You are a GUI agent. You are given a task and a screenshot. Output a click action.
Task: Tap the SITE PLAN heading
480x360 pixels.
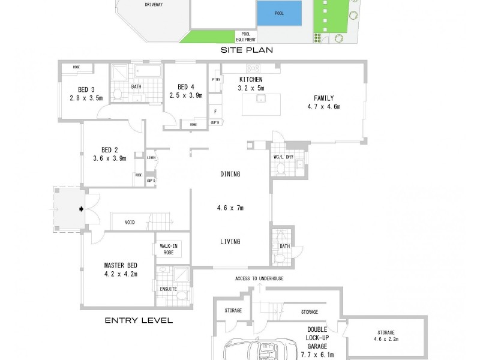click(247, 50)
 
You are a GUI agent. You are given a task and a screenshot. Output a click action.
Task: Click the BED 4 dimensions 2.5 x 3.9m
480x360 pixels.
click(186, 95)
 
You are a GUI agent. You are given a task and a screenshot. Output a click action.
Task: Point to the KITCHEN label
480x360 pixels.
click(251, 80)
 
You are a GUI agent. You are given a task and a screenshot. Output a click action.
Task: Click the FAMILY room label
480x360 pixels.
click(323, 98)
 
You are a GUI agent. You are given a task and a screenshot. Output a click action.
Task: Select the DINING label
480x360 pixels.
click(230, 175)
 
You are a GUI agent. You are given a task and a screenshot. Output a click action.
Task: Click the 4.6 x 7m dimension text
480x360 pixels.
click(230, 208)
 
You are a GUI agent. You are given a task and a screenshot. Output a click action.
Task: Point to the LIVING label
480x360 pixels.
click(230, 242)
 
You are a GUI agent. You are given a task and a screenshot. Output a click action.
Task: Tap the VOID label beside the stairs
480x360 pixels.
click(130, 223)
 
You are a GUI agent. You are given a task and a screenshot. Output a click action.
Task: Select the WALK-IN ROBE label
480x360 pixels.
click(169, 249)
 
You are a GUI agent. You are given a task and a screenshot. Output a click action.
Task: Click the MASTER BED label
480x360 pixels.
click(121, 265)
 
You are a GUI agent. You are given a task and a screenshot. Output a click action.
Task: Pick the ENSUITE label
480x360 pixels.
click(169, 289)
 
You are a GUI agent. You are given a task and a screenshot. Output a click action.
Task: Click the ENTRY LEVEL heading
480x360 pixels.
click(139, 320)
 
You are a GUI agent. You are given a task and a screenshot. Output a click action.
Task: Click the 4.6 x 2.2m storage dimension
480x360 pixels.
click(386, 339)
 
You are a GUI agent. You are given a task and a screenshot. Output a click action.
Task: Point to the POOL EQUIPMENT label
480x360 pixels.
click(245, 37)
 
